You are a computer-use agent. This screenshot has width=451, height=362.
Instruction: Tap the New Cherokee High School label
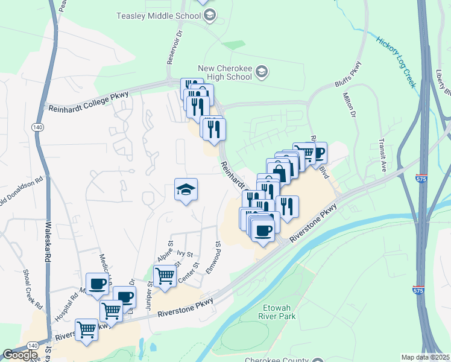coord(224,73)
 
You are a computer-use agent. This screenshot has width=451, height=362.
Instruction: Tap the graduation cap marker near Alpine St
coord(186,190)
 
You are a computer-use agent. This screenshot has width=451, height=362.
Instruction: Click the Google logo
coord(20,355)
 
